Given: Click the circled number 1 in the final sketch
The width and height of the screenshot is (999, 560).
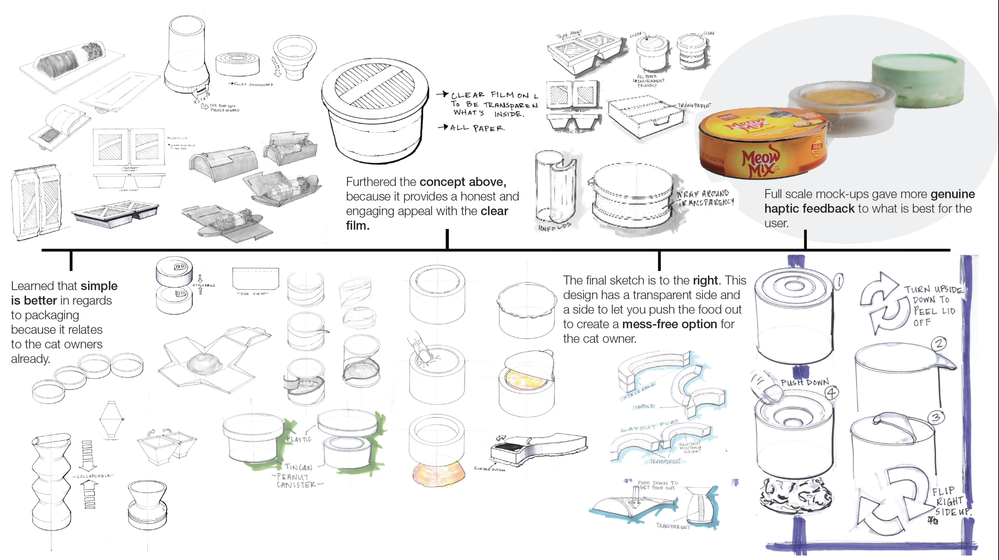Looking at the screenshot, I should [839, 281].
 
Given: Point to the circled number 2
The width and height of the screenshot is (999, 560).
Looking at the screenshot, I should [939, 343].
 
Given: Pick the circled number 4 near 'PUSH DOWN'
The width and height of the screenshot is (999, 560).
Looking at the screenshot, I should [832, 393].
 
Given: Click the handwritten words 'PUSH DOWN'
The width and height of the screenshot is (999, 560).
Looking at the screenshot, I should [804, 383].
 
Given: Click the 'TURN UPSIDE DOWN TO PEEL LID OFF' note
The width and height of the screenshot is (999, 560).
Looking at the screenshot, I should [933, 305].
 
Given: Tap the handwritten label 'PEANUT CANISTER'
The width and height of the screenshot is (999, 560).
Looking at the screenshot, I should [296, 481].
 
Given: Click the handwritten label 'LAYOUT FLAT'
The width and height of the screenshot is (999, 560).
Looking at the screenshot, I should [649, 426].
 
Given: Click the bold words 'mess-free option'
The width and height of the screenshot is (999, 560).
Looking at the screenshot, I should [669, 324].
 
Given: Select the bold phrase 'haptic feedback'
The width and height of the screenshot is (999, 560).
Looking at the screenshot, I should [809, 209].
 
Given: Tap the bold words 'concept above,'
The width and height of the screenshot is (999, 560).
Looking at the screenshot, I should [463, 182].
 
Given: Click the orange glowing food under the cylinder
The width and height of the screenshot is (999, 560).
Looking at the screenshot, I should [438, 473].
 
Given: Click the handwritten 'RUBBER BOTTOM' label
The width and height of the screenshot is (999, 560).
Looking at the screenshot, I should [489, 469].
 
